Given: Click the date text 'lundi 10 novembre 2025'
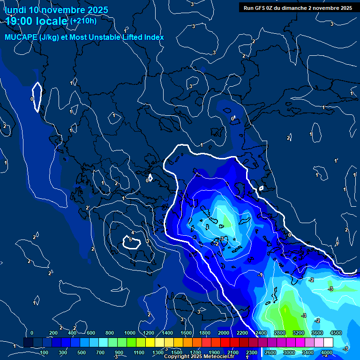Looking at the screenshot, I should (56, 10).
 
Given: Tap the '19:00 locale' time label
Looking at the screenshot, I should (36, 21).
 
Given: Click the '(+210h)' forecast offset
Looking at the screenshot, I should (83, 21).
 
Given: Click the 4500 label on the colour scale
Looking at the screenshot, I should (336, 333).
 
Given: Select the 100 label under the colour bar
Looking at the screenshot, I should (44, 352).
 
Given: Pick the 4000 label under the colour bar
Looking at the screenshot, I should (327, 352).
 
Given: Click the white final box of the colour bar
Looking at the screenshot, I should (328, 343).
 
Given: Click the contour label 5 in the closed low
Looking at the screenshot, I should (130, 240).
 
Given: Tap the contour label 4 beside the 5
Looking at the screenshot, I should (133, 233).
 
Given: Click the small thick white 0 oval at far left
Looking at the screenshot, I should (37, 97).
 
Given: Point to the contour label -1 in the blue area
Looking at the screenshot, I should (261, 275).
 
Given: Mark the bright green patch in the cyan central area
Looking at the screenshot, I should (226, 219).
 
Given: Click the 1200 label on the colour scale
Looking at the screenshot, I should (149, 333).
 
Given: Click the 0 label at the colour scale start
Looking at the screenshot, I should (32, 333).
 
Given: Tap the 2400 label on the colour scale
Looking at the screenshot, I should (261, 333).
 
